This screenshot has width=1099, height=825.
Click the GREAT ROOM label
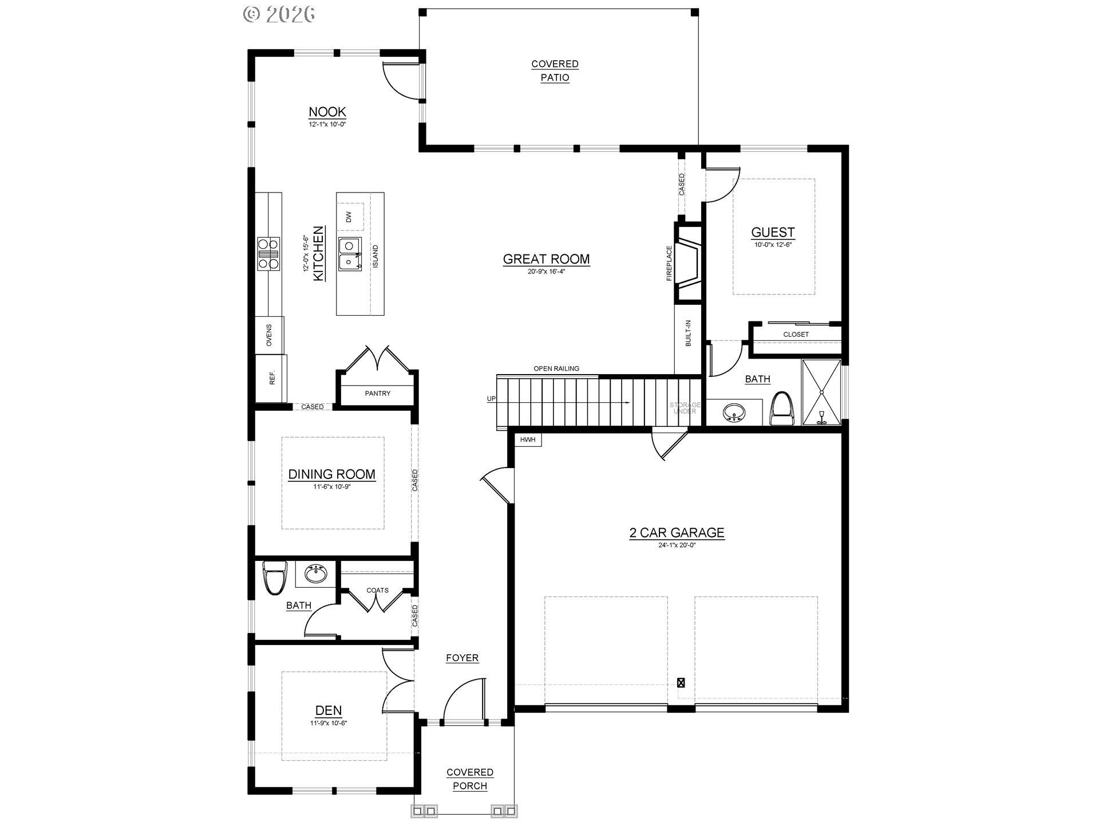pyautogui.click(x=546, y=259)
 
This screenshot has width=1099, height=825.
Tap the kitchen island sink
pyautogui.click(x=349, y=254)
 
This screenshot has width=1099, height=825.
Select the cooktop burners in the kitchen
pyautogui.click(x=268, y=253)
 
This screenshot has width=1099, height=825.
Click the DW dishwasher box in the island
pyautogui.click(x=349, y=217)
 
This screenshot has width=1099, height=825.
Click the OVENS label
pyautogui.click(x=269, y=335)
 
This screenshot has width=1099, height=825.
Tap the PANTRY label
pyautogui.click(x=377, y=394)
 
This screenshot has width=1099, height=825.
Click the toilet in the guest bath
pyautogui.click(x=782, y=409)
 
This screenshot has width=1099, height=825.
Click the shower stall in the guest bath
pyautogui.click(x=821, y=392)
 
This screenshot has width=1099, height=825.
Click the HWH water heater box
pyautogui.click(x=528, y=440)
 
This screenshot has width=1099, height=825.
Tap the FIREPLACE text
pyautogui.click(x=669, y=264)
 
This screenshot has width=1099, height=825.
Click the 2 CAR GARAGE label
pyautogui.click(x=677, y=533)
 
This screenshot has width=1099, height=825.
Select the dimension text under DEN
pyautogui.click(x=329, y=723)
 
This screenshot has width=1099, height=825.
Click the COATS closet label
pyautogui.click(x=377, y=590)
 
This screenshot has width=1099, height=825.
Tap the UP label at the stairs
pyautogui.click(x=491, y=399)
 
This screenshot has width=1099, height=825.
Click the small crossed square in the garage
pyautogui.click(x=681, y=683)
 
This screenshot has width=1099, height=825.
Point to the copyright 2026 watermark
pyautogui.click(x=279, y=14)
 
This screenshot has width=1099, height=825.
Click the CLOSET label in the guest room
pyautogui.click(x=796, y=335)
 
